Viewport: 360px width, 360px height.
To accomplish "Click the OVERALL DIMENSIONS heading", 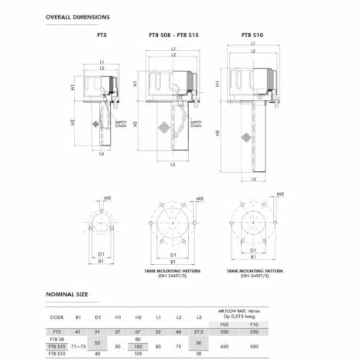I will (x=77, y=16).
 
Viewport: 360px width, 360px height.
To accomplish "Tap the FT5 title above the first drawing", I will (x=101, y=36).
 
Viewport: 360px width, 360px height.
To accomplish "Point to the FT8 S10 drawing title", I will (x=252, y=36).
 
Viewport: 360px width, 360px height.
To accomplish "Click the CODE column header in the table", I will (x=57, y=316).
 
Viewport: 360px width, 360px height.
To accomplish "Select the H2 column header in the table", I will (x=137, y=316).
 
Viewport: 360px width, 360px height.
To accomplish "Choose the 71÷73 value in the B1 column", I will (x=77, y=346).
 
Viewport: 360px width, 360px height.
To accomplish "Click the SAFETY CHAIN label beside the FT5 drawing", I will (x=121, y=124).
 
